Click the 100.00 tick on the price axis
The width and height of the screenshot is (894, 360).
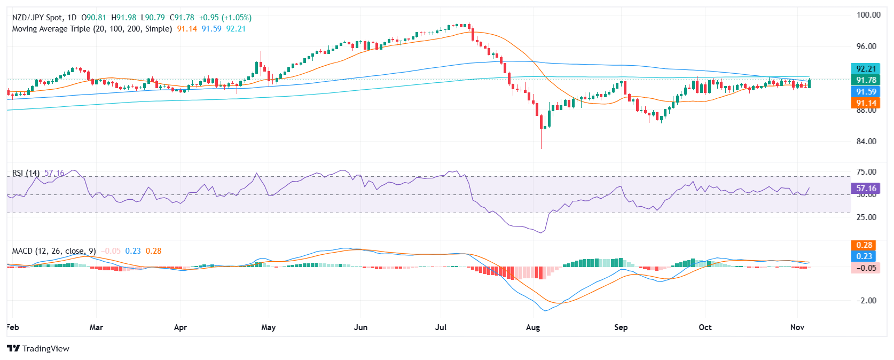click(x=868, y=15)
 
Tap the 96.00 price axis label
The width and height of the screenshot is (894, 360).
click(x=866, y=46)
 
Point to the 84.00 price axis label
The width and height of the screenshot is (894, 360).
click(x=866, y=142)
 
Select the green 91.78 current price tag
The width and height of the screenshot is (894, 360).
click(x=866, y=80)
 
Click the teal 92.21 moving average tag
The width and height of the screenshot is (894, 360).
click(x=866, y=69)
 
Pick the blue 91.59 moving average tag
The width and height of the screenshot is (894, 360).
click(x=866, y=92)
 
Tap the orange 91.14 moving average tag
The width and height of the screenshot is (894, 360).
click(x=866, y=103)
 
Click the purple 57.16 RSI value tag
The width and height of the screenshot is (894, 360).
click(x=866, y=189)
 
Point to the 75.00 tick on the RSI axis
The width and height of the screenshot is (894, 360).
click(x=866, y=172)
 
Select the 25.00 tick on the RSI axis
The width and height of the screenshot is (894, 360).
click(x=866, y=217)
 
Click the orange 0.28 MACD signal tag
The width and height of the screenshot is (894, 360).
click(x=864, y=245)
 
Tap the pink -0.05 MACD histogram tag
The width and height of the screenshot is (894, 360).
click(x=864, y=268)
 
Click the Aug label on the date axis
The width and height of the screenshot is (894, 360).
click(x=533, y=327)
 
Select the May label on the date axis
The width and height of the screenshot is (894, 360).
click(x=269, y=327)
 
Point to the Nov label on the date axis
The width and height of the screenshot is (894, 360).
click(x=797, y=327)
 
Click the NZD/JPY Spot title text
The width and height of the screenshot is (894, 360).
click(x=37, y=18)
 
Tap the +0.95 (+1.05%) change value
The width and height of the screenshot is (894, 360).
click(x=225, y=18)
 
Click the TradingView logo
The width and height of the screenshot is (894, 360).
click(x=38, y=349)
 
